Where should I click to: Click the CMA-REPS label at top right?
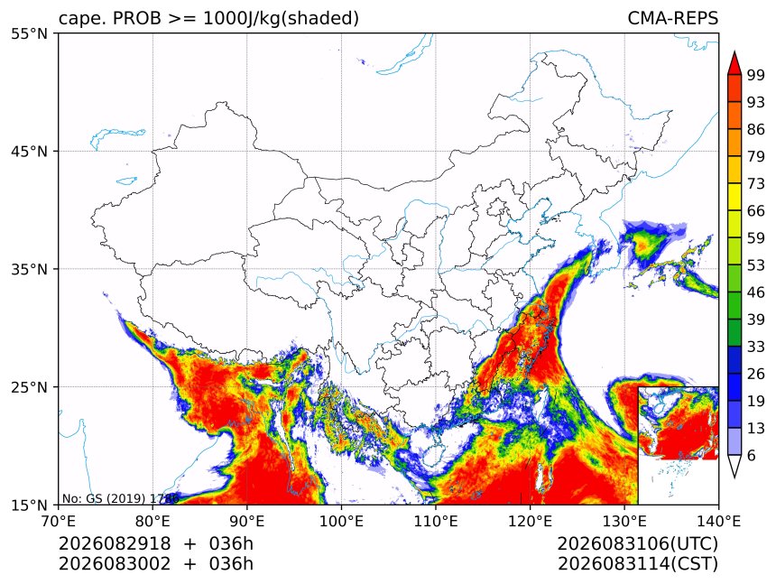pyautogui.click(x=672, y=18)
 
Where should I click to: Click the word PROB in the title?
pyautogui.click(x=137, y=18)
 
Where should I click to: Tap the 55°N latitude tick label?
pyautogui.click(x=29, y=33)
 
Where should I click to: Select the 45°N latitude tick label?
pyautogui.click(x=29, y=151)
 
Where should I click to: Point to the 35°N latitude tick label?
pyautogui.click(x=29, y=269)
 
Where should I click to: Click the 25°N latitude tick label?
pyautogui.click(x=29, y=387)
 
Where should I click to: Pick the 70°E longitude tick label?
pyautogui.click(x=59, y=521)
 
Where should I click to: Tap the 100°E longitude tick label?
pyautogui.click(x=341, y=521)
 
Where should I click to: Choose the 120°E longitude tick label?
pyautogui.click(x=530, y=521)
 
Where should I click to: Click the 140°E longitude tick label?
pyautogui.click(x=718, y=521)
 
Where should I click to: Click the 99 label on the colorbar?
pyautogui.click(x=756, y=75)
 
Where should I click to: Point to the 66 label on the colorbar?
pyautogui.click(x=756, y=211)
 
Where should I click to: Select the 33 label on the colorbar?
pyautogui.click(x=756, y=347)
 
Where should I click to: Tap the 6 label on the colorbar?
pyautogui.click(x=752, y=455)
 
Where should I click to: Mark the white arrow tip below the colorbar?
pyautogui.click(x=734, y=477)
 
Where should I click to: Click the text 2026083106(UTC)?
pyautogui.click(x=637, y=543)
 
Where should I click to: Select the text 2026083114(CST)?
pyautogui.click(x=637, y=564)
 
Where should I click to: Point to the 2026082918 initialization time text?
pyautogui.click(x=115, y=543)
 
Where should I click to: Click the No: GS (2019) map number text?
pyautogui.click(x=120, y=498)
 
